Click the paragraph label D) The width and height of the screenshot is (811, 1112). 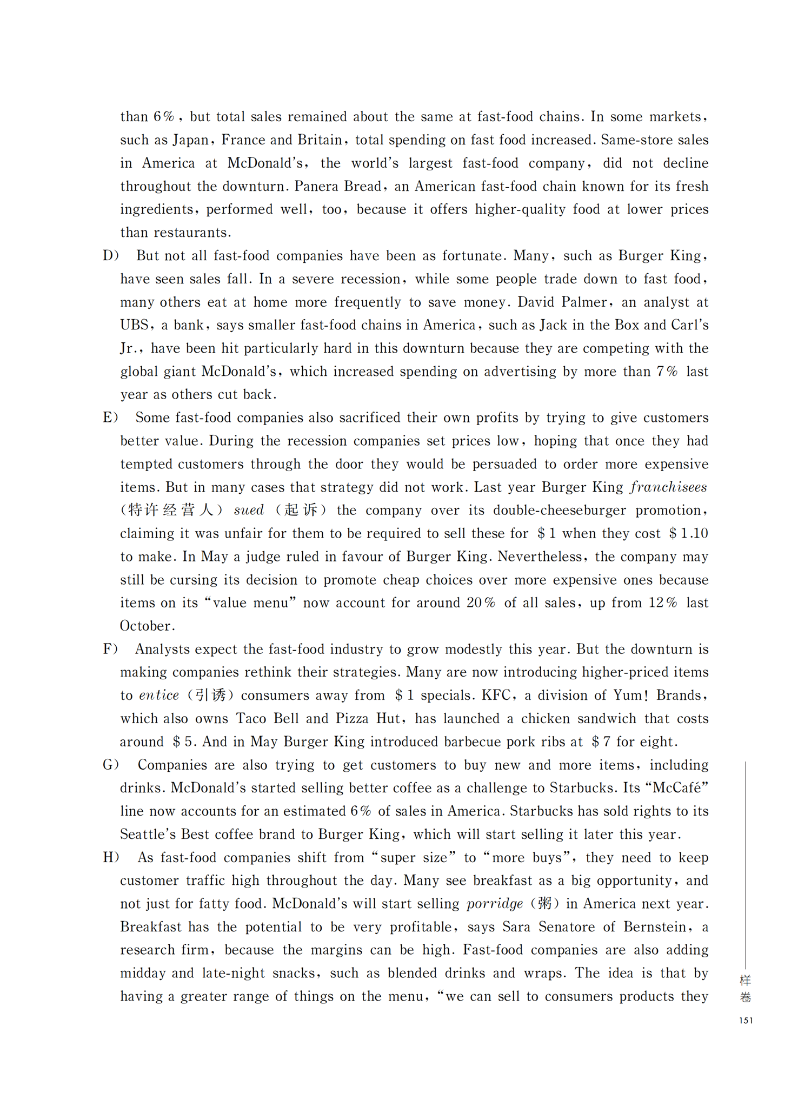pyautogui.click(x=111, y=256)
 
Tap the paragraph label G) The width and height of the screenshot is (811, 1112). pyautogui.click(x=111, y=765)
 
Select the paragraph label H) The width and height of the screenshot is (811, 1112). pyautogui.click(x=111, y=857)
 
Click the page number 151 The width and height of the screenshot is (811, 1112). pyautogui.click(x=746, y=1021)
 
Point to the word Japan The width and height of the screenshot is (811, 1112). pyautogui.click(x=190, y=140)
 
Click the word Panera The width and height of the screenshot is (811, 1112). pyautogui.click(x=315, y=187)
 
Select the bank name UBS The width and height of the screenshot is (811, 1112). pyautogui.click(x=134, y=325)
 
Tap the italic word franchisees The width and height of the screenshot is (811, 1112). pyautogui.click(x=668, y=487)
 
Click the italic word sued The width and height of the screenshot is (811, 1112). pyautogui.click(x=248, y=510)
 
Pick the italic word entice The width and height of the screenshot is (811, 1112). pyautogui.click(x=159, y=695)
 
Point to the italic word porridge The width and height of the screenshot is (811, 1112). pyautogui.click(x=495, y=904)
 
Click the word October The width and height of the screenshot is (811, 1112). pyautogui.click(x=147, y=626)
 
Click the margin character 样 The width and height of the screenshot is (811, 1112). pyautogui.click(x=746, y=981)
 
